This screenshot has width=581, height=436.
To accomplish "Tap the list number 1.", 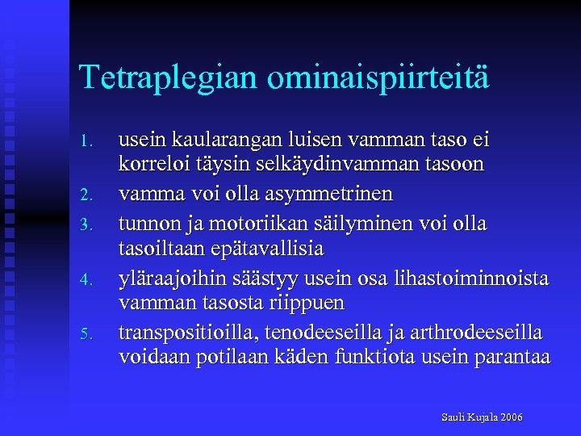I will (x=91, y=142).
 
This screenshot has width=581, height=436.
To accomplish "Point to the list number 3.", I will (x=91, y=224).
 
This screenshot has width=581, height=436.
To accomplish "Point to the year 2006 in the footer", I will (x=511, y=417).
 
